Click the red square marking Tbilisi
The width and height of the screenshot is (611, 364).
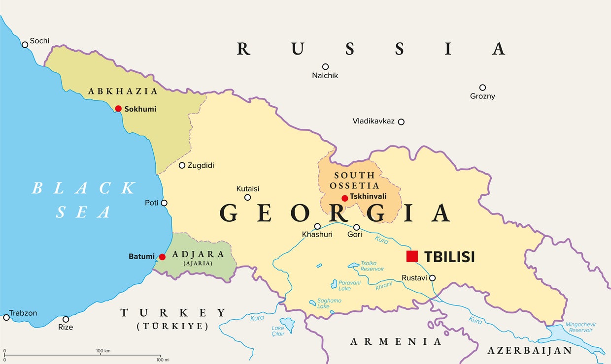point(412,256)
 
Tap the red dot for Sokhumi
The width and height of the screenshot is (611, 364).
point(118,109)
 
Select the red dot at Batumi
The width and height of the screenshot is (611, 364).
point(162,257)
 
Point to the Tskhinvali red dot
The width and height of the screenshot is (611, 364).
point(345,198)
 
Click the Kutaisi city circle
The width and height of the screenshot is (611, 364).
point(248,198)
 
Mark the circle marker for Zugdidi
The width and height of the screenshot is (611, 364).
point(182,166)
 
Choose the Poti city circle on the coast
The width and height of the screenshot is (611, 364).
point(164,203)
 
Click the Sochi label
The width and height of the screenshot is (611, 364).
point(39,41)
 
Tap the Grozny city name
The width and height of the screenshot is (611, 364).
point(482,96)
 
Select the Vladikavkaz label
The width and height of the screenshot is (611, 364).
point(373,121)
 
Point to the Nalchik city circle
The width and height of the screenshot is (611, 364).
point(325,66)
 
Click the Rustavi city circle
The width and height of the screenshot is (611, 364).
point(432,278)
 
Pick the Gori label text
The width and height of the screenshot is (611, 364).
point(354,235)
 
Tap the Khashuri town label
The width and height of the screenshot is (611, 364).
point(317,235)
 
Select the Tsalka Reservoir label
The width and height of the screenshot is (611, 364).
point(372,266)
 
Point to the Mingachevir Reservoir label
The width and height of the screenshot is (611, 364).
point(580,327)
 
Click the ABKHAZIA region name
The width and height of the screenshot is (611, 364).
point(123,91)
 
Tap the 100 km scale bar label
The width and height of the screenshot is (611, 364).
point(103,351)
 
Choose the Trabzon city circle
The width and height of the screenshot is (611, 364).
point(6,317)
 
